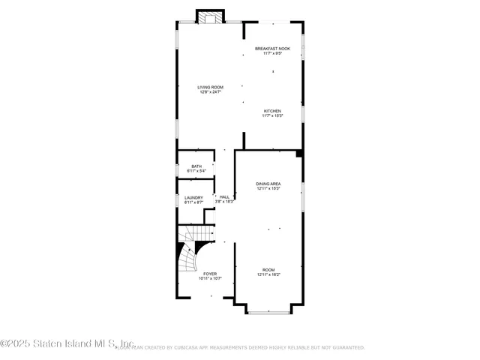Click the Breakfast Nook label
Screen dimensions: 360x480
(x=272, y=48)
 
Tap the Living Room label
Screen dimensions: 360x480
(x=210, y=87)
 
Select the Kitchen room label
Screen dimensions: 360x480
(x=271, y=111)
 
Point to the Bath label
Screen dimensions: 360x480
(x=196, y=166)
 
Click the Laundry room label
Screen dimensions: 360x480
(x=193, y=197)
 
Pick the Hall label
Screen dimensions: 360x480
(x=224, y=197)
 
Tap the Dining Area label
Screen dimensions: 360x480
(x=268, y=183)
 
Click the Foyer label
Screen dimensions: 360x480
(x=210, y=274)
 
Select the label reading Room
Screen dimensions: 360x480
(x=268, y=269)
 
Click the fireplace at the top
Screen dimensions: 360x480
(x=210, y=16)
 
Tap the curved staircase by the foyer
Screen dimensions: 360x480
(x=190, y=255)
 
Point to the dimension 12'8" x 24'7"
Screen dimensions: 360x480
(x=210, y=92)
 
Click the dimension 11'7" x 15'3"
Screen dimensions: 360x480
(x=271, y=115)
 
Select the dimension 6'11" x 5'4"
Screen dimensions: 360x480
(x=196, y=171)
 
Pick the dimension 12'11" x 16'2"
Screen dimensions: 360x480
(x=268, y=274)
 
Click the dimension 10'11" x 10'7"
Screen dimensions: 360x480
(x=210, y=279)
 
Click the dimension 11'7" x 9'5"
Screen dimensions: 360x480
(x=272, y=53)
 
